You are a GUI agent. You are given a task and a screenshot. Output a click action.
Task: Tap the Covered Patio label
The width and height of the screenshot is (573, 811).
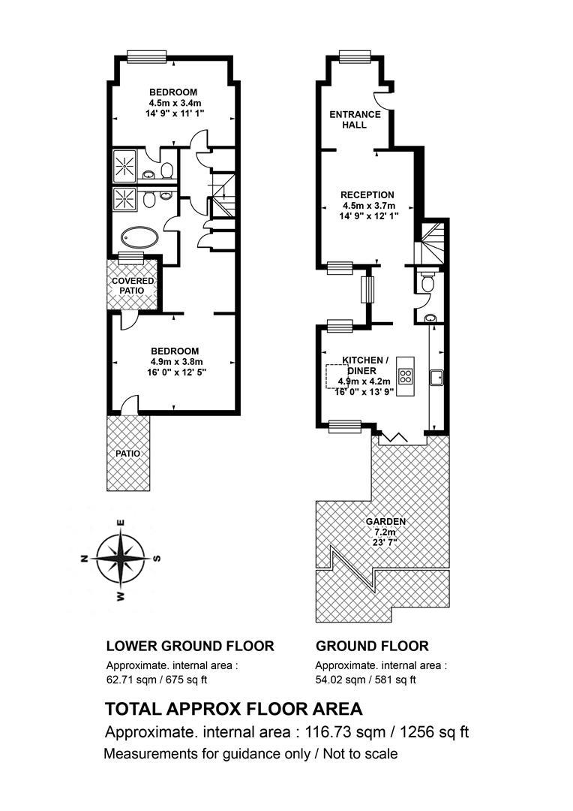(133, 285)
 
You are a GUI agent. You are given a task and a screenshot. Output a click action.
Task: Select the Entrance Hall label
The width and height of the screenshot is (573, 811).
(355, 119)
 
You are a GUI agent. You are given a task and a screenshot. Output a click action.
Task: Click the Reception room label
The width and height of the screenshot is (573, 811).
(367, 195)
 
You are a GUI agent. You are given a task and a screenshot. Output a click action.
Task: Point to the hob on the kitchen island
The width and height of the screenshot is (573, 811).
(406, 375)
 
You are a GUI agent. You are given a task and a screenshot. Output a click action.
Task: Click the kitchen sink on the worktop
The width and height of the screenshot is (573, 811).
(436, 377)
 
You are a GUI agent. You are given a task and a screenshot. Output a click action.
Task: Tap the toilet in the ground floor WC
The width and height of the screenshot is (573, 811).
(427, 282)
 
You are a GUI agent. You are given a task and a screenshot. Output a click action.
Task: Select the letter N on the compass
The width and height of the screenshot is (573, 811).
(83, 558)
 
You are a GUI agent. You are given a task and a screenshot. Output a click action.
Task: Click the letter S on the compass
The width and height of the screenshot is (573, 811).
(158, 558)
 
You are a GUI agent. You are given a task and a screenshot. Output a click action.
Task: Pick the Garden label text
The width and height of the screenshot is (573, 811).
(385, 522)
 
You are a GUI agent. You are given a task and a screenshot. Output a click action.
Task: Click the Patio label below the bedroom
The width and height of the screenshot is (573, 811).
(127, 454)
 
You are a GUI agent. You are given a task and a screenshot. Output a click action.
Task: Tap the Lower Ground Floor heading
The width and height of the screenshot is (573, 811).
(190, 646)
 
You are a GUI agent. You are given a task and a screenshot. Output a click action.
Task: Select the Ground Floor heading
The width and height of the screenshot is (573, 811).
(372, 646)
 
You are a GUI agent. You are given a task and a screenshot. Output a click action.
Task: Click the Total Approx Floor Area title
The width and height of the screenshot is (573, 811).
(233, 709)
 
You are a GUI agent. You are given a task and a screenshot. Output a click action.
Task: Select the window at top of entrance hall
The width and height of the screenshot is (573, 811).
(355, 56)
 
